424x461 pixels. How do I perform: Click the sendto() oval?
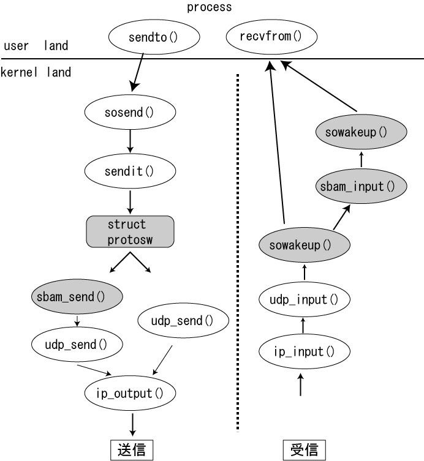[x=154, y=37]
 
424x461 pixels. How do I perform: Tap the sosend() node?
[x=129, y=112]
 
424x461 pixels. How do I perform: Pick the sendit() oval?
[x=129, y=171]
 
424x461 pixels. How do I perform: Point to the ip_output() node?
[x=131, y=392]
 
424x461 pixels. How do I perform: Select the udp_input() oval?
[x=304, y=300]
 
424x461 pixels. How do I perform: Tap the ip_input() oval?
[x=304, y=351]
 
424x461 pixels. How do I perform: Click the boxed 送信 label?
[x=131, y=450]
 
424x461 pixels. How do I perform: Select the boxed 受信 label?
[x=304, y=450]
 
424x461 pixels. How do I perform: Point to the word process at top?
[x=210, y=7]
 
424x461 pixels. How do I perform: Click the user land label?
[x=36, y=46]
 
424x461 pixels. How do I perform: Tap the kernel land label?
[x=36, y=72]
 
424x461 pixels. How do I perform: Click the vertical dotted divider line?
[x=238, y=245]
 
